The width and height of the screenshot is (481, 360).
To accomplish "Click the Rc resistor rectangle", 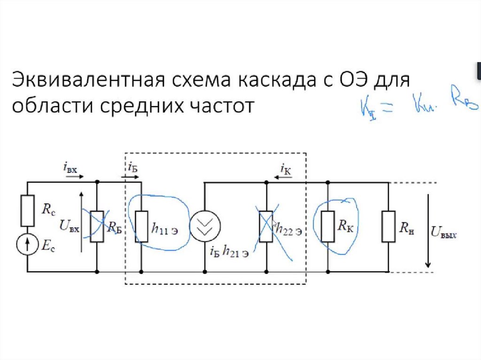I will click(27, 211).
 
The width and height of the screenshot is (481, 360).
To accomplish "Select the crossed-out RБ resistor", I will click(97, 227).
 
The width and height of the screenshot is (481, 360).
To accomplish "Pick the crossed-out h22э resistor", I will click(267, 227).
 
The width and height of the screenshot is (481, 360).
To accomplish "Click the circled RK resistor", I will click(328, 227).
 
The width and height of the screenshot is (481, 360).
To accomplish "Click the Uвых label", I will click(444, 232).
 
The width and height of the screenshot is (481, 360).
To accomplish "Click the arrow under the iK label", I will click(282, 177).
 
